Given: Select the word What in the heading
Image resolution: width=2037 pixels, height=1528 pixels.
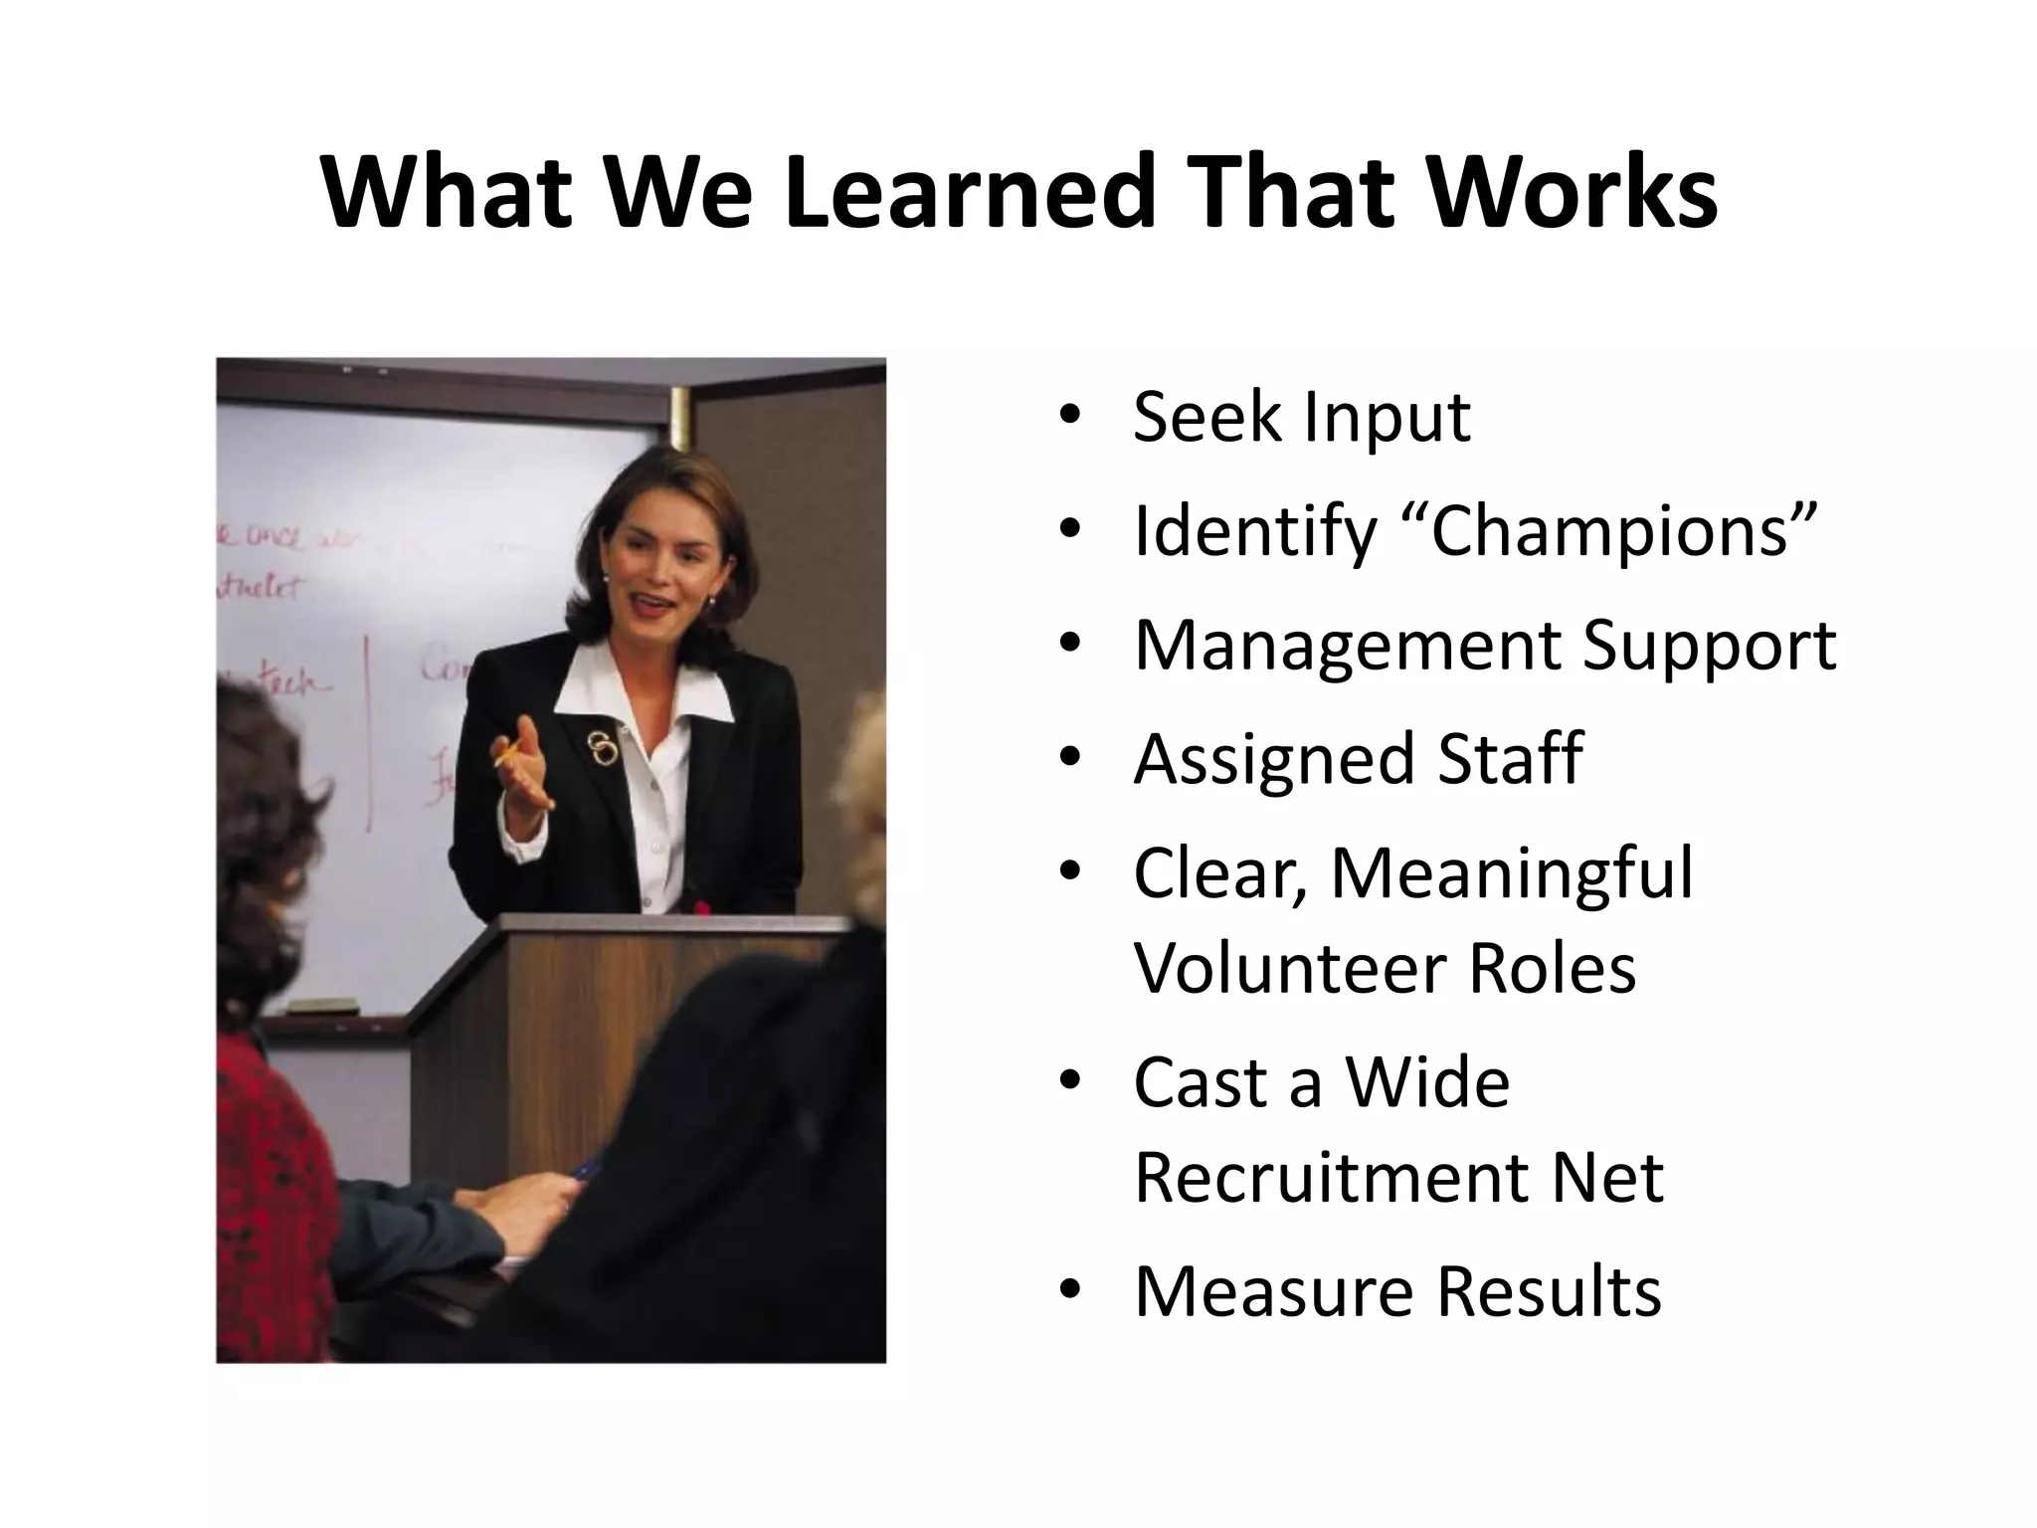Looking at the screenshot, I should pyautogui.click(x=448, y=191).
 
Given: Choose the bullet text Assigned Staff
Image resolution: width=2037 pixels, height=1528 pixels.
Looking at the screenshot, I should pyautogui.click(x=1358, y=759).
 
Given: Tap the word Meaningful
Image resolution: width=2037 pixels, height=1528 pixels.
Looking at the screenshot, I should pyautogui.click(x=1511, y=873).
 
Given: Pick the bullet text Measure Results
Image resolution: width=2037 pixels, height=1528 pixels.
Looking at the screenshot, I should pyautogui.click(x=1397, y=1291).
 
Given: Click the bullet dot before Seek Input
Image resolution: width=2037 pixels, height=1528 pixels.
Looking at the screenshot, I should pyautogui.click(x=1069, y=418).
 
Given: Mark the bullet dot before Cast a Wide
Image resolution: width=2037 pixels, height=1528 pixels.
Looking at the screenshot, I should pyautogui.click(x=1069, y=1083).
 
